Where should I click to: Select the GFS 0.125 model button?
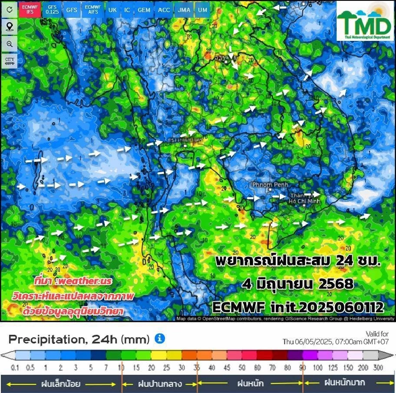(52, 9)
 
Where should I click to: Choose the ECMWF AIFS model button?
(92, 9)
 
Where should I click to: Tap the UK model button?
(112, 9)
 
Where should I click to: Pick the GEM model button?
(144, 9)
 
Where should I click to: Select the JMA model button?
(182, 9)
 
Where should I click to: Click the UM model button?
(203, 9)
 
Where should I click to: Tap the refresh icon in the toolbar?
(9, 9)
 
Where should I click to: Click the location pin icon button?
(9, 27)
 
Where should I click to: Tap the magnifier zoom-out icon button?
(9, 44)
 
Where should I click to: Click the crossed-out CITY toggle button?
(9, 61)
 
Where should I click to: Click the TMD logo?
(365, 21)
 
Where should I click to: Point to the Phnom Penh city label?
(270, 184)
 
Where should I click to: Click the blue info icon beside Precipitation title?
(160, 339)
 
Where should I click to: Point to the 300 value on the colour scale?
(378, 367)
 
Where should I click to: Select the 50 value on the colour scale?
(242, 367)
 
